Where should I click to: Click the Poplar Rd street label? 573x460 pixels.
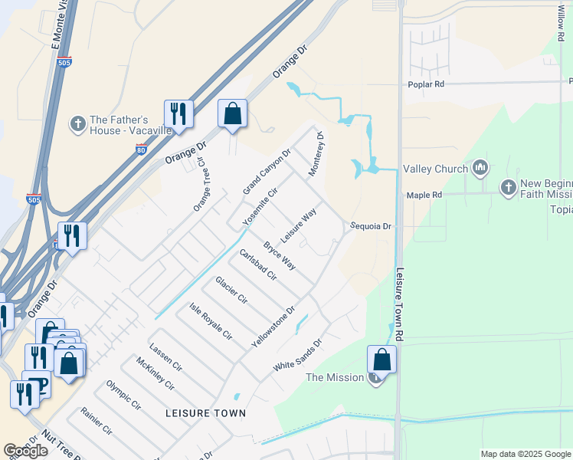pos(427,83)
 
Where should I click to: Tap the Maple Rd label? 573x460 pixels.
pos(425,195)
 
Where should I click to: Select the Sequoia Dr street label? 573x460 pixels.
pos(372,226)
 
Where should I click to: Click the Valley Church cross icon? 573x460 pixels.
pos(480,167)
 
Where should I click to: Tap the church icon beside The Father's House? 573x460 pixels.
pos(77,124)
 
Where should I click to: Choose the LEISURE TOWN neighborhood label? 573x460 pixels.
pos(206,413)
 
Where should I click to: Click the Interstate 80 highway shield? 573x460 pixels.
pos(141,150)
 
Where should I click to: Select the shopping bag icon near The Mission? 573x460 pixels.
pos(381,360)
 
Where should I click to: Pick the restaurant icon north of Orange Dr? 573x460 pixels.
pos(178,114)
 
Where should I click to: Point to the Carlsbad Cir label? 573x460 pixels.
pos(257,265)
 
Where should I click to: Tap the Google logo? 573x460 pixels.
pos(26,451)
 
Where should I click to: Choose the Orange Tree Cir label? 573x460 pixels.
pos(201,186)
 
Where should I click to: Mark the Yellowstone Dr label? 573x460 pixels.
pos(273,327)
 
